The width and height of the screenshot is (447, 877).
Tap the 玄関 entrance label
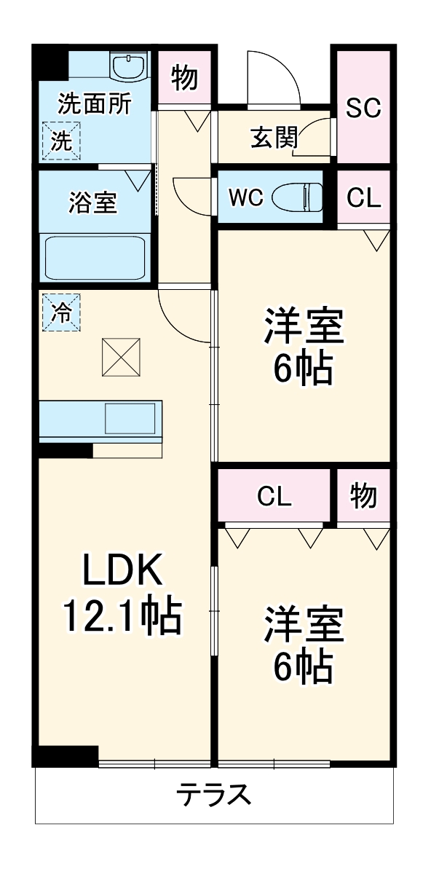(x=274, y=138)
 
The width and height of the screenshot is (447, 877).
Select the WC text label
(x=245, y=198)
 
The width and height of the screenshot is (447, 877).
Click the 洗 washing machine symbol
(x=61, y=141)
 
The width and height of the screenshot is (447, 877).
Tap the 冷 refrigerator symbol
(x=61, y=312)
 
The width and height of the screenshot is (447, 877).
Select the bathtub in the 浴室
(x=95, y=257)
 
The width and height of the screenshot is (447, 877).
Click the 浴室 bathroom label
(x=92, y=202)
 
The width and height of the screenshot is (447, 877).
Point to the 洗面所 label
(x=95, y=104)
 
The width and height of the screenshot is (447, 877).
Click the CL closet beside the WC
(x=363, y=198)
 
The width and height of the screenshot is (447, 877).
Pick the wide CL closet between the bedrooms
(x=274, y=497)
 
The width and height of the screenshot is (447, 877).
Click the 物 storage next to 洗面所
(x=185, y=76)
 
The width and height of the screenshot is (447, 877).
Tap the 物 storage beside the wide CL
(x=363, y=496)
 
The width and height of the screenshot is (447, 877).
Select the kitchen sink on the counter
(x=130, y=419)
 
